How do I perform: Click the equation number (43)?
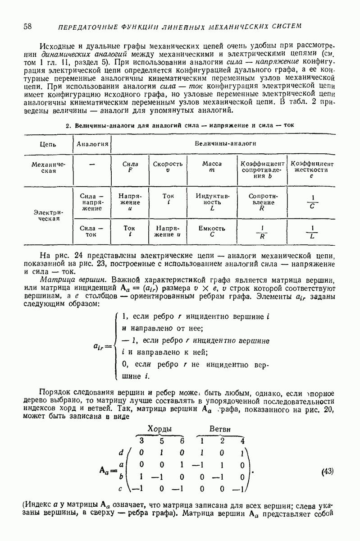(328, 472)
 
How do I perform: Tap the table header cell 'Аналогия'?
(92, 144)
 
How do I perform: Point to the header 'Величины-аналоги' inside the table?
(225, 143)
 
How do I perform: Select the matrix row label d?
(121, 452)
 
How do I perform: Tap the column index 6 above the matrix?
(182, 440)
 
